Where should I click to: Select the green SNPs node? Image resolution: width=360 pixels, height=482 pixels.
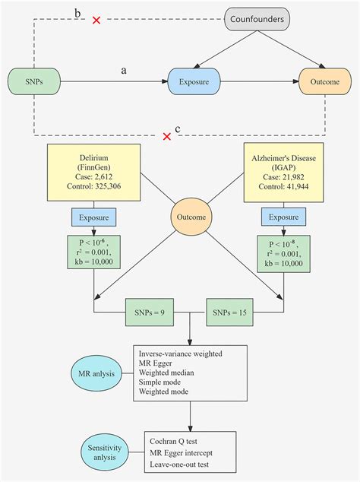33,80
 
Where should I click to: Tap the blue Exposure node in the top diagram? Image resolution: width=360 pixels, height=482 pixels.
194,80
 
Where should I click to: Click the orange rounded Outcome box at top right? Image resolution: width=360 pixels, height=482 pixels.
325,80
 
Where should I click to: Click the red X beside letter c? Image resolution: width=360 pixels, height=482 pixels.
166,136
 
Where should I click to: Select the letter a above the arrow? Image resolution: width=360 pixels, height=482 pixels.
123,70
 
